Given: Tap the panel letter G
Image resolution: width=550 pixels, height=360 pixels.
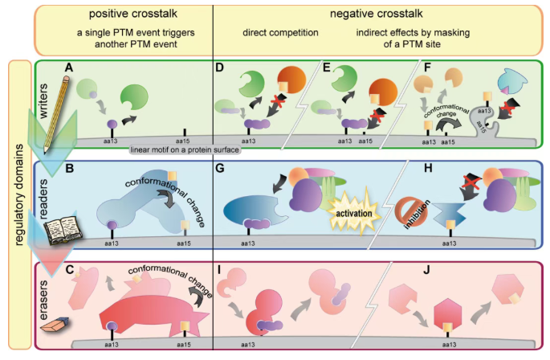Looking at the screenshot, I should coord(219,170).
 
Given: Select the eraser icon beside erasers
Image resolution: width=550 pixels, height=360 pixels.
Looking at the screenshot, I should coord(53,325).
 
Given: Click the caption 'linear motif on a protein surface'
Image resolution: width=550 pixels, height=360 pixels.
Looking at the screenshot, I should coord(173,148).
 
